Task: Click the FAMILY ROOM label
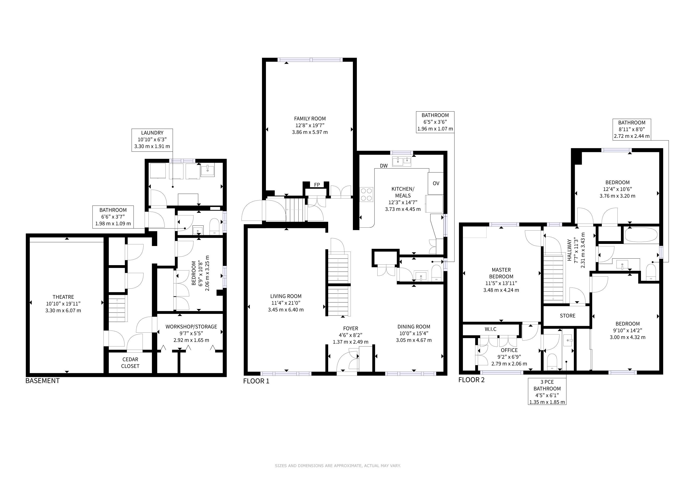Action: (310, 119)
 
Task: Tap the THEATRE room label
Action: (63, 297)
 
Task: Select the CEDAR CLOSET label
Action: (130, 363)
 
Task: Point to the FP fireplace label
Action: (317, 185)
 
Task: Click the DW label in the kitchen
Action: (384, 166)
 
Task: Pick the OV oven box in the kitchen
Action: (436, 183)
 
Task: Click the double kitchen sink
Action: (402, 161)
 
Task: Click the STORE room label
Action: (567, 316)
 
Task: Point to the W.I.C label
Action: (490, 329)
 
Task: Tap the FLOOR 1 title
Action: (256, 381)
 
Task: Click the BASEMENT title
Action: (43, 381)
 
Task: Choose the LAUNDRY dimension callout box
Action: (152, 140)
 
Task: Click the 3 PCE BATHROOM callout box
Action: (547, 392)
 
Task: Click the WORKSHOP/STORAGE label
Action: (191, 327)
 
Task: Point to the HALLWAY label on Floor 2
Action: (569, 250)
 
